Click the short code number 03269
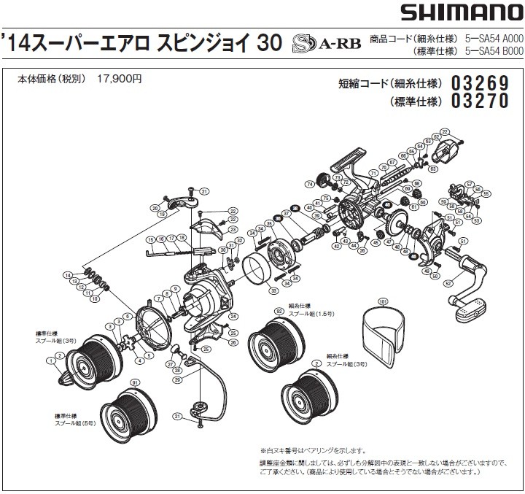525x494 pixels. (480, 83)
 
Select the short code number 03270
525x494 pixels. (480, 101)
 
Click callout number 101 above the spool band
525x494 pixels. (382, 301)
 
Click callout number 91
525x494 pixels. (133, 382)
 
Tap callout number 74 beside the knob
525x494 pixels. (310, 184)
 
